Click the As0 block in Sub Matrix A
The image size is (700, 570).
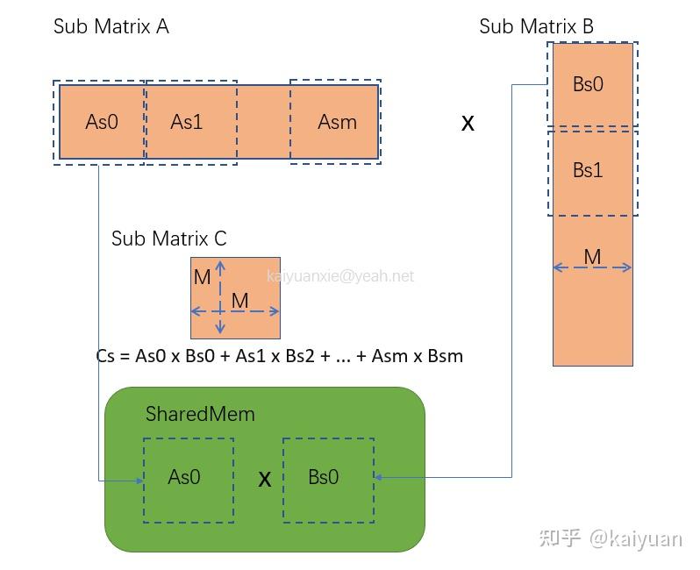(101, 122)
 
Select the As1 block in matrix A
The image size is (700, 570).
(187, 122)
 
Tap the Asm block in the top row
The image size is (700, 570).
(337, 122)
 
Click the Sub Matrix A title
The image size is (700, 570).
(111, 26)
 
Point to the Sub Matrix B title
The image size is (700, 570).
(536, 26)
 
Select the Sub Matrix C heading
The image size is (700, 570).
(168, 239)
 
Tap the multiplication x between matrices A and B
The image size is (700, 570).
(468, 124)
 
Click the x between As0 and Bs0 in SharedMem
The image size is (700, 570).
(264, 480)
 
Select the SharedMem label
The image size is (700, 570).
(200, 414)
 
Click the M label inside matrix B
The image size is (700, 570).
(592, 257)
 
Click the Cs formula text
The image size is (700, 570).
(279, 356)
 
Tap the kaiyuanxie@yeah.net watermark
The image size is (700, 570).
(340, 276)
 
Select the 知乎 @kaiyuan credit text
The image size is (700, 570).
(611, 537)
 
